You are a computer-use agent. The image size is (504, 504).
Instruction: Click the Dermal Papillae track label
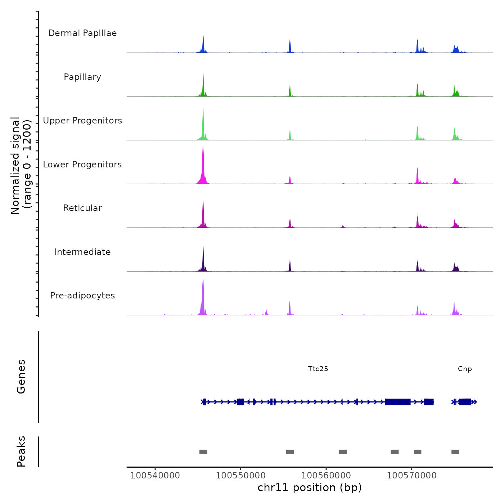(82, 33)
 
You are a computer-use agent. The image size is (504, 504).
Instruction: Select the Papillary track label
(82, 77)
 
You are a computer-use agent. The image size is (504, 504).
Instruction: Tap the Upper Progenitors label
(82, 121)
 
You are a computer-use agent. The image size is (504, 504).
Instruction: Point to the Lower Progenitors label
(82, 165)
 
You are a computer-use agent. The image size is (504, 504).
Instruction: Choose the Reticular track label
(82, 208)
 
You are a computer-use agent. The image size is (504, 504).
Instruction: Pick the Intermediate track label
(82, 252)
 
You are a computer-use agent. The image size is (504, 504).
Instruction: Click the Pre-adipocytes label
(82, 296)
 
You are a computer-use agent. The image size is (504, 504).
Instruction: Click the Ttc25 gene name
(318, 369)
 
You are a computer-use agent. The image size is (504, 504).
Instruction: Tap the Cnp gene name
(465, 369)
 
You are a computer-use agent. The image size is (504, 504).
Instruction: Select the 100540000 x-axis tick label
(155, 475)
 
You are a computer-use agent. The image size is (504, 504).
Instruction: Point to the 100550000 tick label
(240, 475)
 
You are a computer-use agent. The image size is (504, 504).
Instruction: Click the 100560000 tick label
(326, 475)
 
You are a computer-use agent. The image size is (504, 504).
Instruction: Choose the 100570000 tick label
(411, 475)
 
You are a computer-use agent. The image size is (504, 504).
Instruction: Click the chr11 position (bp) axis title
(310, 487)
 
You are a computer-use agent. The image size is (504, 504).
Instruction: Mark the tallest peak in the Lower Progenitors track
(203, 146)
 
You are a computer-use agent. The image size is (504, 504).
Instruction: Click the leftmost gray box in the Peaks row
(203, 452)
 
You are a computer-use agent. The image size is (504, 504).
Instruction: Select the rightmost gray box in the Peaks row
(455, 452)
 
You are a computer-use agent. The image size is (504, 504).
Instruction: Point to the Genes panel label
(21, 377)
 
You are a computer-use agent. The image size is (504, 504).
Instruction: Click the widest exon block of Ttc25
(397, 402)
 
